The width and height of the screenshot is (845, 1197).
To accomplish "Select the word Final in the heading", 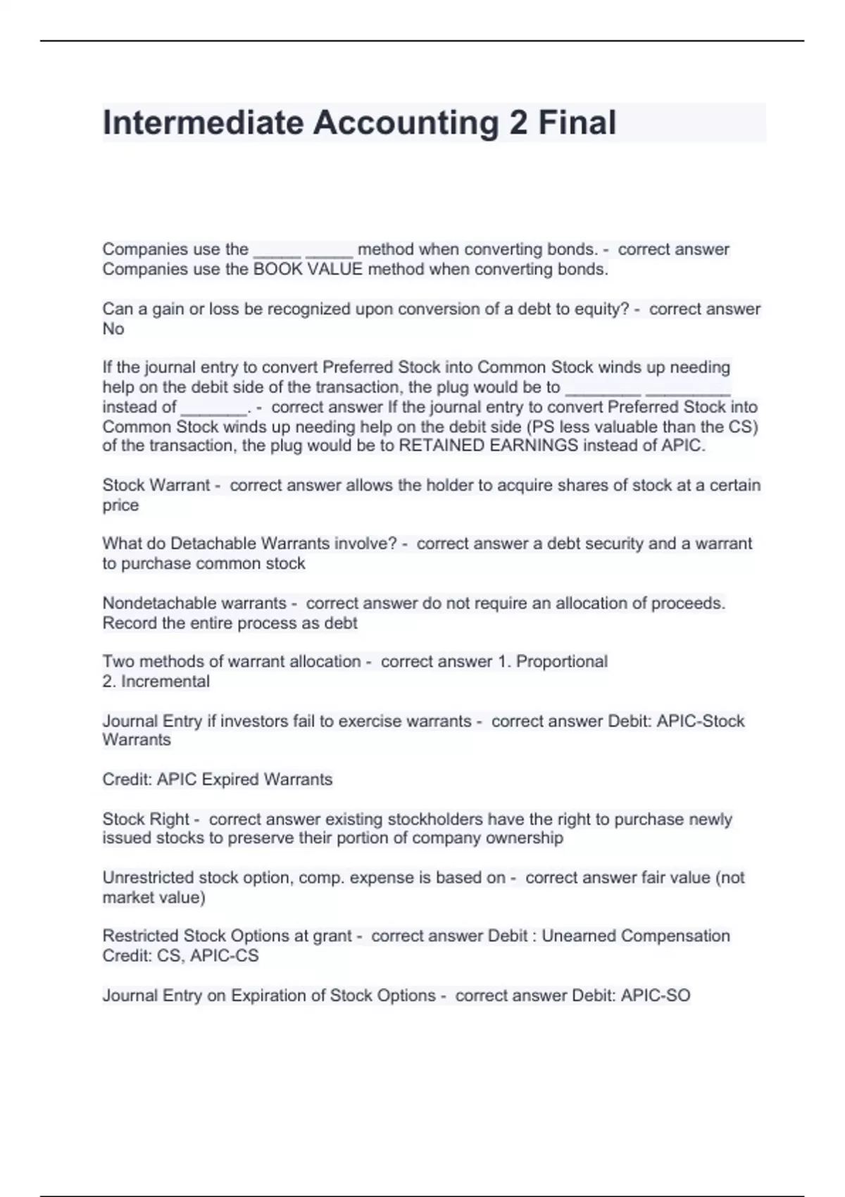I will tap(577, 123).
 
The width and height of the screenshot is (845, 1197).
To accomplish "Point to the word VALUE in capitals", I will tap(335, 269).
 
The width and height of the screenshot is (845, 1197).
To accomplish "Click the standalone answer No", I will tap(113, 329).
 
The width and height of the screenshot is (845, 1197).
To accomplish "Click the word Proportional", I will tap(562, 661).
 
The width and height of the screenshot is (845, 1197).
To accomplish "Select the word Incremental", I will tap(165, 681).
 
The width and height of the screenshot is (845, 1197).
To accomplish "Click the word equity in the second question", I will tap(601, 309).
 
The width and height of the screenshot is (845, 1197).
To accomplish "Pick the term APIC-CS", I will tap(225, 955).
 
